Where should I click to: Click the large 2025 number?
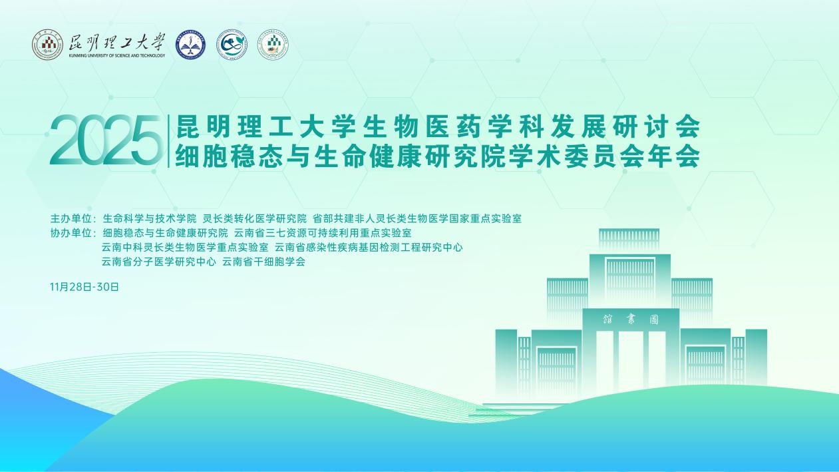(x=104, y=141)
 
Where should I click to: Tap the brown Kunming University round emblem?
(x=47, y=45)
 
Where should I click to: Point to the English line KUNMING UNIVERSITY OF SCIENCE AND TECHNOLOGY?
(x=116, y=56)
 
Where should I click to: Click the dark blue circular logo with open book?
(x=191, y=45)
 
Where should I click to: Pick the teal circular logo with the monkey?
(x=232, y=45)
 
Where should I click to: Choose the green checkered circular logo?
(x=273, y=45)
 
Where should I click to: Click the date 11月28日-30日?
(x=84, y=287)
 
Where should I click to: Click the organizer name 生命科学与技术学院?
(x=150, y=218)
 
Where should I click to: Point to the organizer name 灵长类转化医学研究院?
(x=255, y=218)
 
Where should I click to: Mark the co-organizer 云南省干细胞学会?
(x=263, y=262)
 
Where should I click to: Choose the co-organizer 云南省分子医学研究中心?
(x=159, y=262)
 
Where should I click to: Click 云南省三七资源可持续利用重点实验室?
(x=323, y=233)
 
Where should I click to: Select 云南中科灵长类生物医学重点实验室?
(x=185, y=247)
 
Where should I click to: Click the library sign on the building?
(x=630, y=320)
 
